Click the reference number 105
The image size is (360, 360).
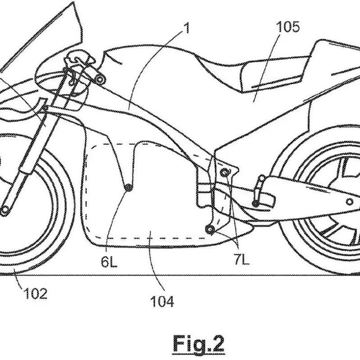pyautogui.click(x=288, y=27)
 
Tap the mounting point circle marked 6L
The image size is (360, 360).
pyautogui.click(x=129, y=189)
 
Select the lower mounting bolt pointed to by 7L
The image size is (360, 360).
pyautogui.click(x=209, y=229)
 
